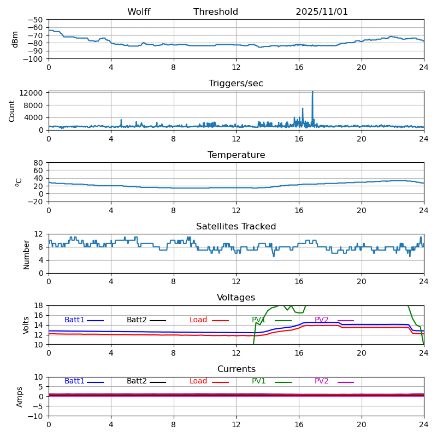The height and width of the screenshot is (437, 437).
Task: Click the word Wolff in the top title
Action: click(139, 12)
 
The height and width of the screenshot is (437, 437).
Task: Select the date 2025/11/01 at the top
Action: click(322, 12)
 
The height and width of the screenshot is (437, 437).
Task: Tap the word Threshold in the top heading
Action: click(216, 12)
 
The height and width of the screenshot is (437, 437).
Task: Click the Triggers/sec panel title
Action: click(236, 84)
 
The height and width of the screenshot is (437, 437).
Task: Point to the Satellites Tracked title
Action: click(236, 227)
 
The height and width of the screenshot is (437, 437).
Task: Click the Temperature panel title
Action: click(236, 155)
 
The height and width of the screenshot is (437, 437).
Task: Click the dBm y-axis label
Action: click(15, 39)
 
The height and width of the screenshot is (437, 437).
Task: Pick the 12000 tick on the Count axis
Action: click(32, 93)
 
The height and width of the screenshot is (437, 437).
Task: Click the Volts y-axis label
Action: click(26, 325)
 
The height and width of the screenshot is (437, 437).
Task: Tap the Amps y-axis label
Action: click(20, 397)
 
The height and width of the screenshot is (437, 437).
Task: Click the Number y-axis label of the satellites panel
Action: click(26, 254)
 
